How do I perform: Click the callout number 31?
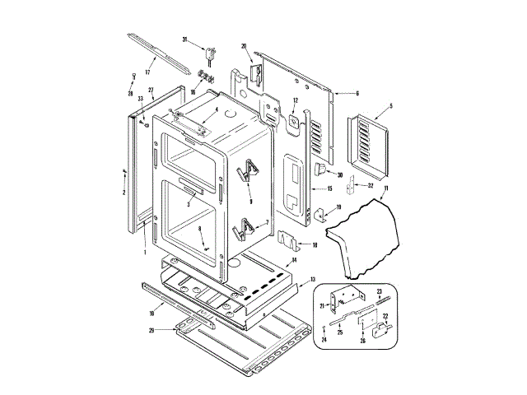[184, 39]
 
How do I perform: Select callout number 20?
[244, 45]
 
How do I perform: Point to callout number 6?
[357, 94]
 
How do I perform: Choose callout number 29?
[152, 330]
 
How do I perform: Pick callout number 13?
[313, 280]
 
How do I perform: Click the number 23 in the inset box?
[380, 291]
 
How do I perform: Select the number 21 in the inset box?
[322, 304]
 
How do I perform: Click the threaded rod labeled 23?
[381, 302]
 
